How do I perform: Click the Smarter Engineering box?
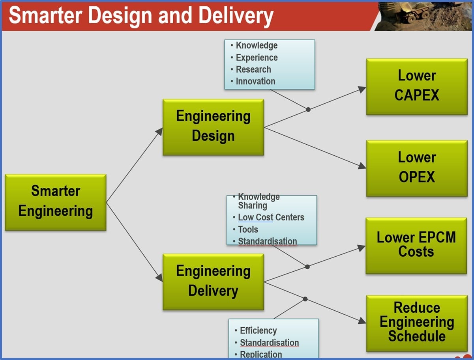pyautogui.click(x=56, y=202)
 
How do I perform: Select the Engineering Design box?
pyautogui.click(x=213, y=127)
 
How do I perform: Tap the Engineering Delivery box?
pyautogui.click(x=213, y=282)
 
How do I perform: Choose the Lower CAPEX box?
pyautogui.click(x=417, y=87)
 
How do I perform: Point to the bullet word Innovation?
pyautogui.click(x=255, y=82)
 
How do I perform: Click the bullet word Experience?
pyautogui.click(x=257, y=58)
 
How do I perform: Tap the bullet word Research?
pyautogui.click(x=253, y=70)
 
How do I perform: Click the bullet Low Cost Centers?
pyautogui.click(x=271, y=218)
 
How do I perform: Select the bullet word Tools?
pyautogui.click(x=248, y=229)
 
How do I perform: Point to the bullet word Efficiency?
pyautogui.click(x=258, y=331)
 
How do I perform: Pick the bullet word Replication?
pyautogui.click(x=261, y=354)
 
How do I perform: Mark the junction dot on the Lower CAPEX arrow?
pyautogui.click(x=308, y=110)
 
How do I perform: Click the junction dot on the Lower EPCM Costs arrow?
pyautogui.click(x=307, y=267)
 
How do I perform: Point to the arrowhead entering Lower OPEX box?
pyautogui.click(x=362, y=167)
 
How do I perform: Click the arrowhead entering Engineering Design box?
pyautogui.click(x=159, y=131)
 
